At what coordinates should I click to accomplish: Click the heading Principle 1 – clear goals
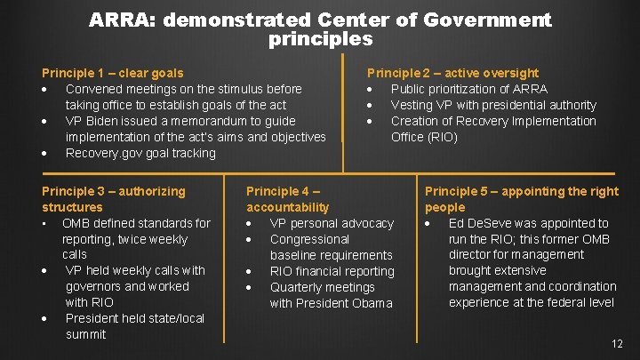click(113, 73)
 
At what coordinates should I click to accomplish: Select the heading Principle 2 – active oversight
click(452, 73)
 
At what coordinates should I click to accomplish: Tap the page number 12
click(617, 344)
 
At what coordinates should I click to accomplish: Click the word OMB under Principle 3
click(76, 223)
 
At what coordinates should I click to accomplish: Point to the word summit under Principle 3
click(86, 334)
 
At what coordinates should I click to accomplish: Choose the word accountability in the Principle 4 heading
click(287, 207)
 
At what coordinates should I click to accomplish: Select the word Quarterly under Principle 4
click(300, 287)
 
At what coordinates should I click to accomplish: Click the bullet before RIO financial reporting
click(252, 271)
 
